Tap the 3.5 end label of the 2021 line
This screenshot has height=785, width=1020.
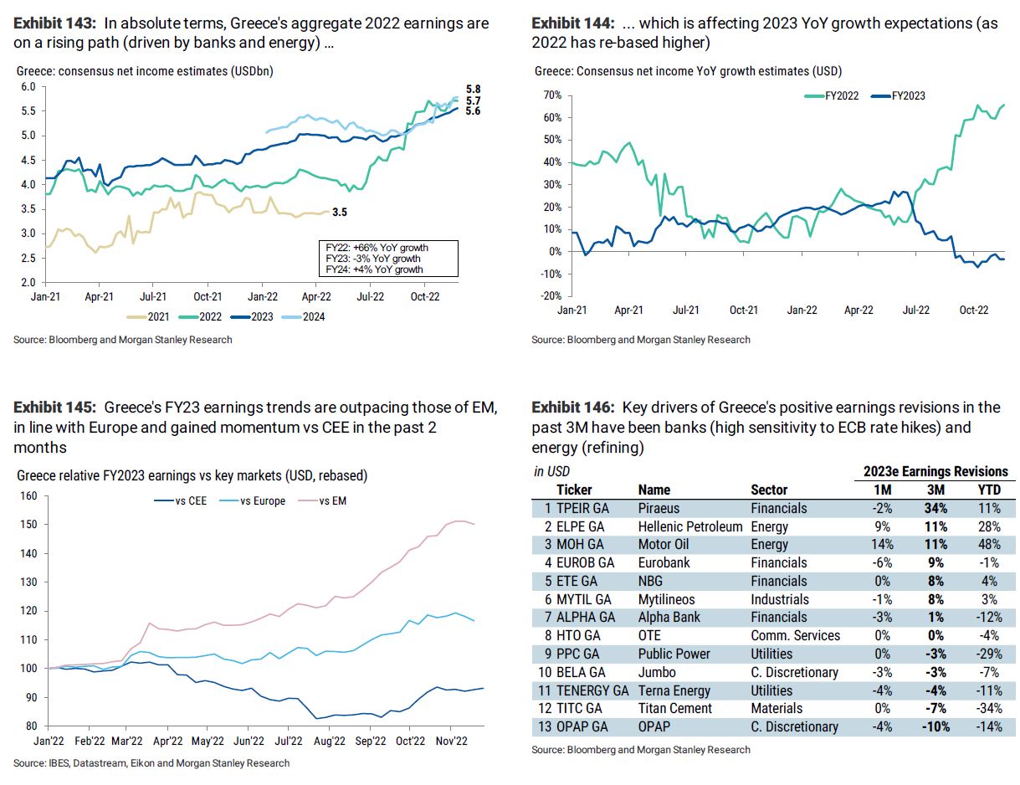point(340,213)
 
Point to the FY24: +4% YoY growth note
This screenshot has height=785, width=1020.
point(374,269)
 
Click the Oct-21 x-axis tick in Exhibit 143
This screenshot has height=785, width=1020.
point(208,296)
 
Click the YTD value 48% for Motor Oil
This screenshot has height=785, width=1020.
point(992,544)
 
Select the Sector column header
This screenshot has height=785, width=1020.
point(770,490)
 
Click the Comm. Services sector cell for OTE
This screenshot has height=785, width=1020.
point(793,635)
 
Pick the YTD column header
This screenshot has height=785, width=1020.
point(992,490)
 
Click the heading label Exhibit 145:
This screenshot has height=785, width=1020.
point(55,408)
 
